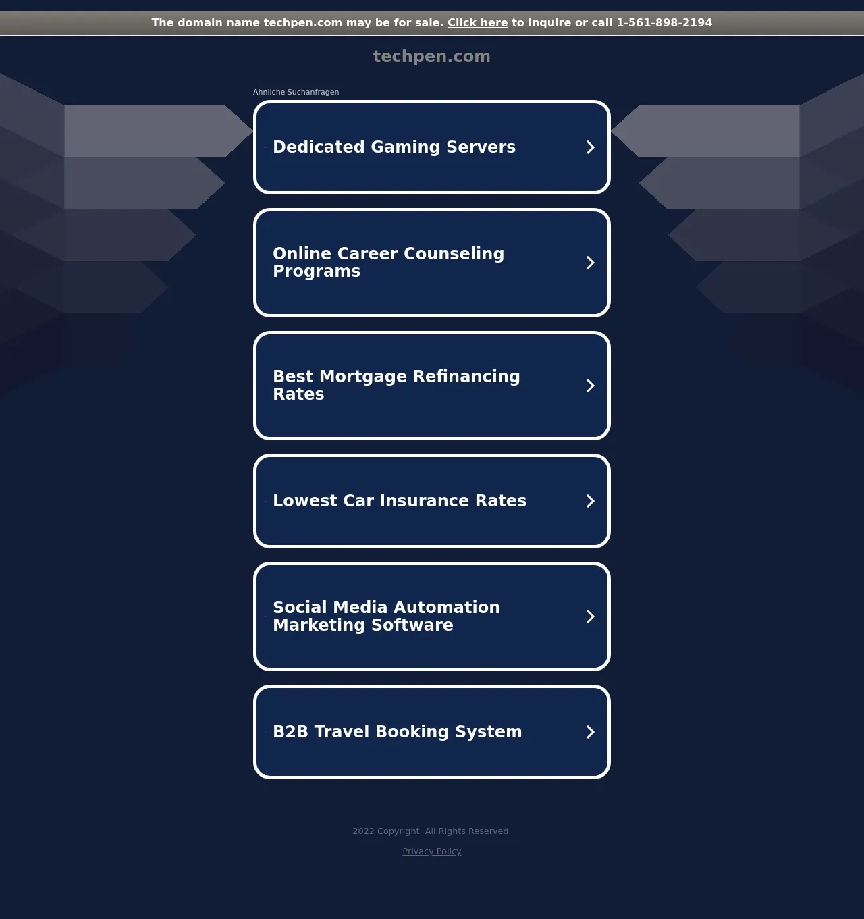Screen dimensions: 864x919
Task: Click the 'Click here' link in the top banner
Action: click(477, 23)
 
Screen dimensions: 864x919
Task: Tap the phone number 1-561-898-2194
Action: click(664, 23)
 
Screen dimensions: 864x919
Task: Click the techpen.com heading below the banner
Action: click(432, 57)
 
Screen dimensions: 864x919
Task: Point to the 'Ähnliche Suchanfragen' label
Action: click(296, 92)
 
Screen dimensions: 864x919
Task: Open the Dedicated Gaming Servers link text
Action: click(394, 147)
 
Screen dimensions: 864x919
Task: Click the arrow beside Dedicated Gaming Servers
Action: click(590, 147)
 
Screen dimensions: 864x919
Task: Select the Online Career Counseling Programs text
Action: click(388, 263)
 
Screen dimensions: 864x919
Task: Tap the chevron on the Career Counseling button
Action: click(590, 263)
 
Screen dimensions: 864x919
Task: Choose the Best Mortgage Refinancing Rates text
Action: click(396, 385)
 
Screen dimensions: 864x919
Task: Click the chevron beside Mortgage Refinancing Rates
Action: click(590, 386)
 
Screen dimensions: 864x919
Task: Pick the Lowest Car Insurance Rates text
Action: click(400, 500)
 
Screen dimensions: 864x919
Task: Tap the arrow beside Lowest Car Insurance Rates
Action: click(590, 501)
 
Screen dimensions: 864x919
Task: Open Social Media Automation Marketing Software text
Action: click(386, 616)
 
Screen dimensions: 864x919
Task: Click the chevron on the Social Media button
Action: click(590, 616)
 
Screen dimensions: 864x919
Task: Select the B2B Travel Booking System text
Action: click(397, 731)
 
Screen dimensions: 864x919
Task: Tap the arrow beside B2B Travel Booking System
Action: click(590, 732)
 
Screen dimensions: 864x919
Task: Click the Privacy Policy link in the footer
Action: click(432, 851)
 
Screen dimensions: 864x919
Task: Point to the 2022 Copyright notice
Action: click(432, 831)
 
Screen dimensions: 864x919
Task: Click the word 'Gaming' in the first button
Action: click(406, 147)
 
